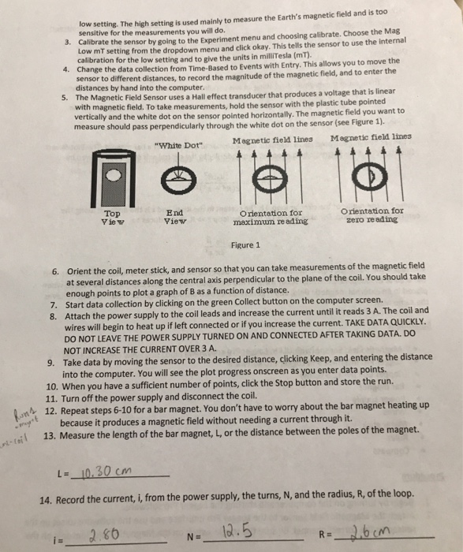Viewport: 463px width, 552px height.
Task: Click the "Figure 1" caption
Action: (245, 245)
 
